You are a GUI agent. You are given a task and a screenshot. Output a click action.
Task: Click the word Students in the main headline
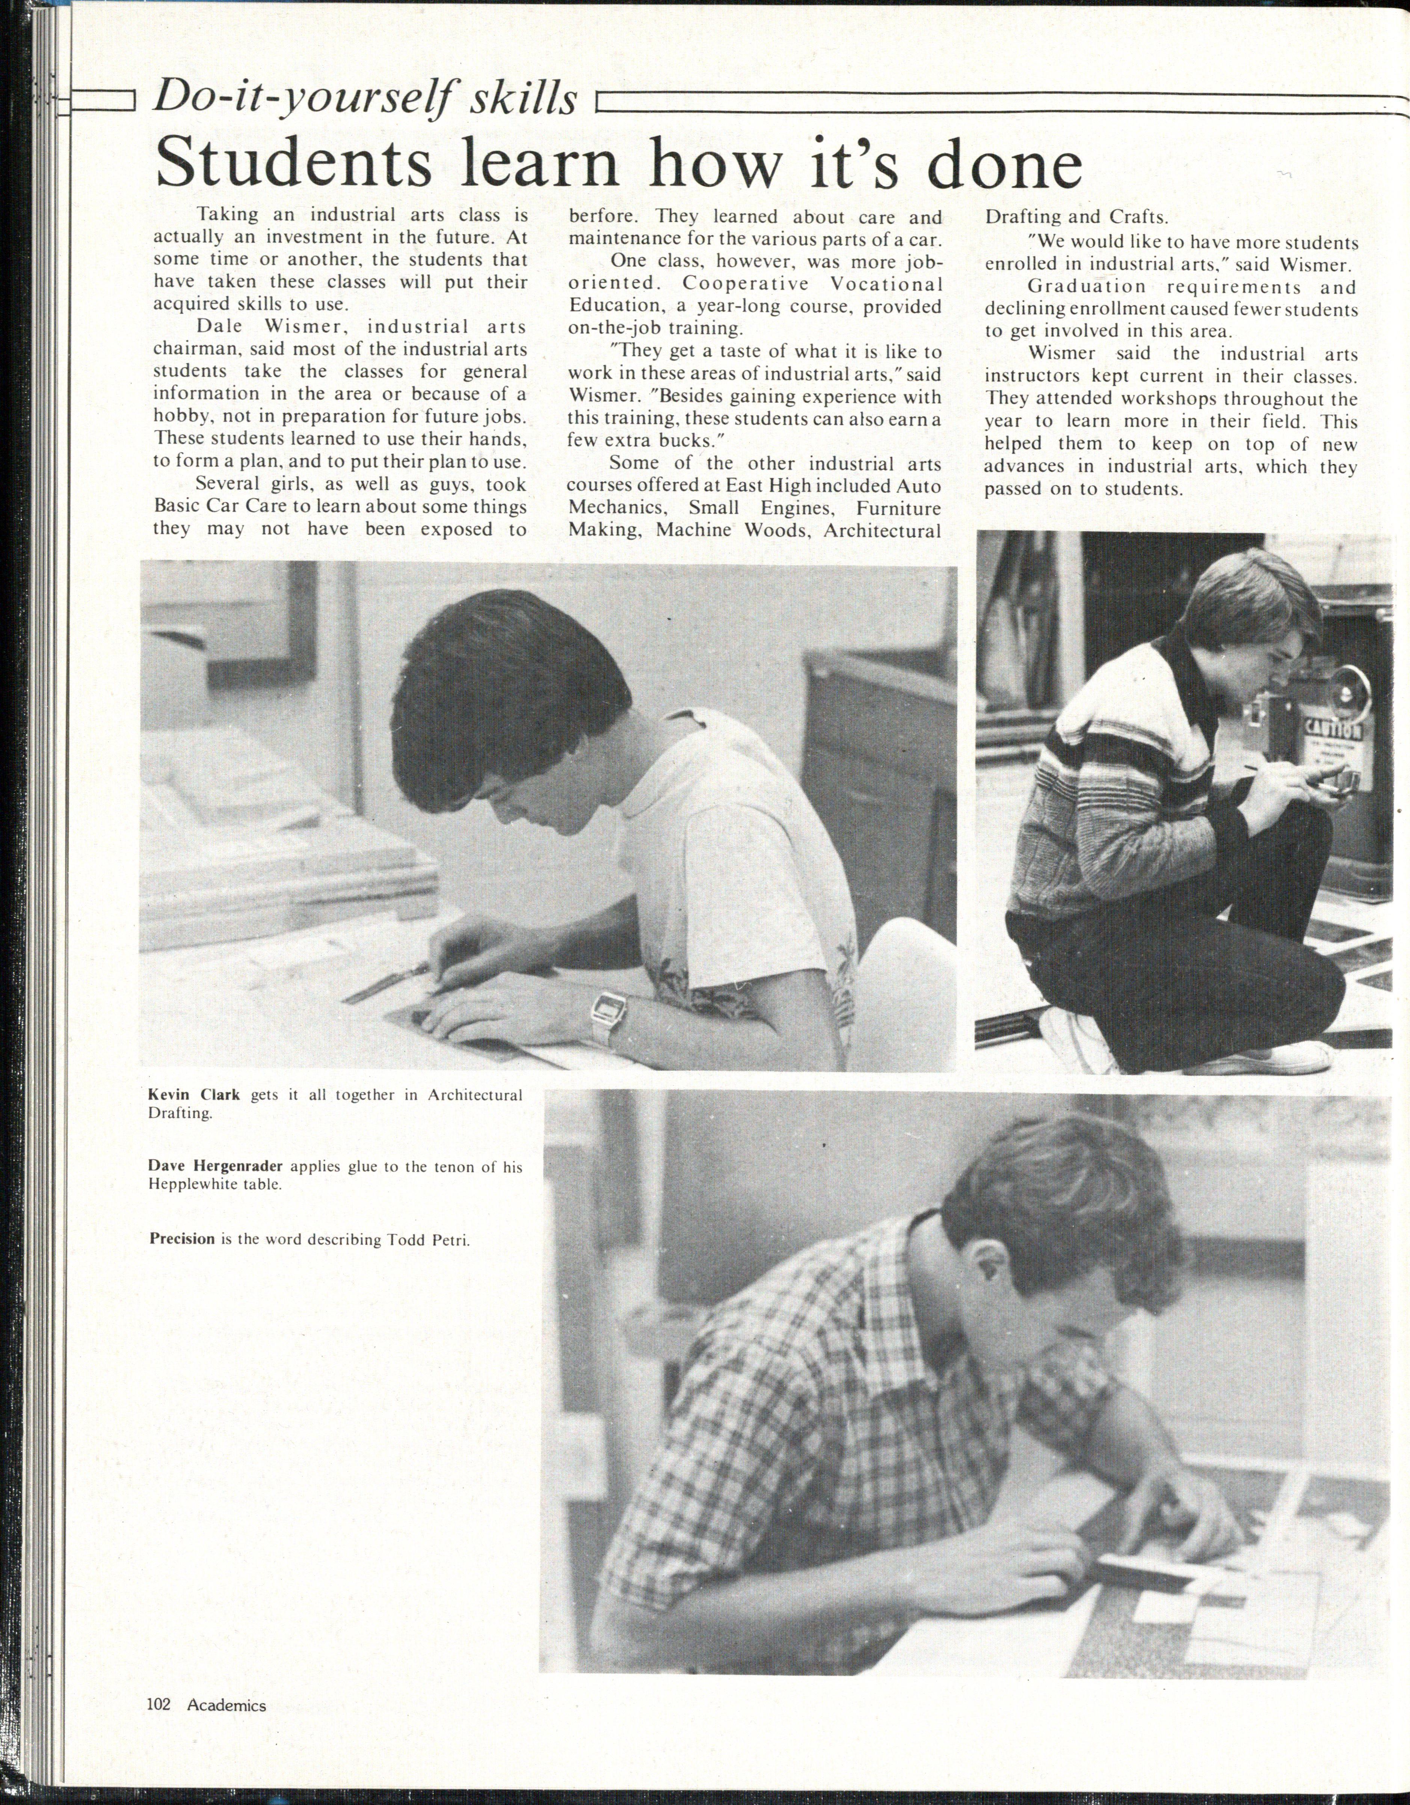[x=293, y=163]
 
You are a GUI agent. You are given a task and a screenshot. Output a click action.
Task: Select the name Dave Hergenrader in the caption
[x=215, y=1166]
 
